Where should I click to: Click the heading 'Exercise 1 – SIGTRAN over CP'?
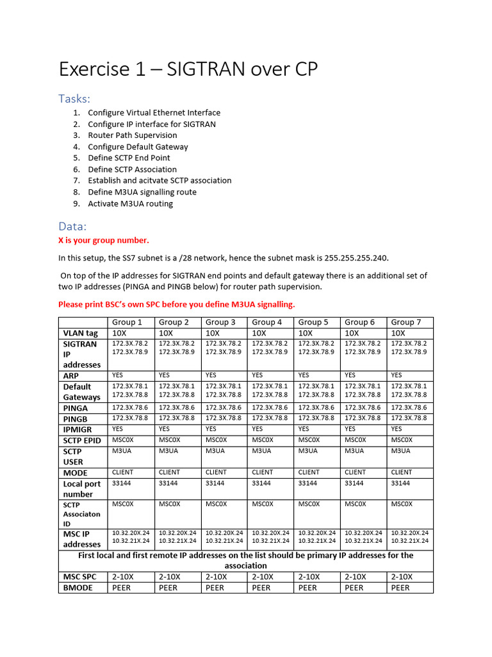coord(188,69)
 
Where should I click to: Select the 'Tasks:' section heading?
coord(74,98)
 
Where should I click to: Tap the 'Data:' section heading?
coord(72,226)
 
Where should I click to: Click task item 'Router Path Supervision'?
coord(132,135)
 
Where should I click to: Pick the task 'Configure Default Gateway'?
coord(138,147)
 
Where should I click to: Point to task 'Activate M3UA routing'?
coord(130,203)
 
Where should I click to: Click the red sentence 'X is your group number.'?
coord(103,241)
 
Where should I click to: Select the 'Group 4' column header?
coord(267,322)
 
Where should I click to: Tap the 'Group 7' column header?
coord(406,322)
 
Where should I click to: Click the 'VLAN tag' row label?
coord(80,334)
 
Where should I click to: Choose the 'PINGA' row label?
coord(76,408)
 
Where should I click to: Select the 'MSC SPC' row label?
coord(80,577)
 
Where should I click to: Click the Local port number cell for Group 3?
coord(217,483)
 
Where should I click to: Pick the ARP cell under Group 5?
coord(304,375)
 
